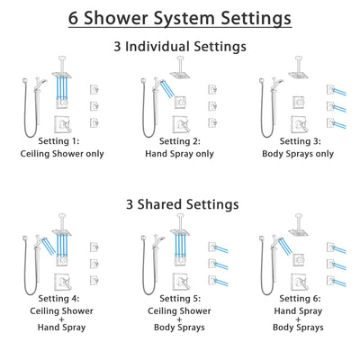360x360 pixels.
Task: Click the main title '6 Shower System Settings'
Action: pos(180,17)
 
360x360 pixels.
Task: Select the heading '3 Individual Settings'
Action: pos(180,46)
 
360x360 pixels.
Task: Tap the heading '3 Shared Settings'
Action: pos(180,204)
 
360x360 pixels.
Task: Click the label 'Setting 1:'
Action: pos(64,141)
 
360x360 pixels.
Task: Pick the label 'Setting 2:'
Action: pos(179,141)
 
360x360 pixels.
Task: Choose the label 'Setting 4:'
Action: pos(64,300)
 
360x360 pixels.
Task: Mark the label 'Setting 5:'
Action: pos(179,300)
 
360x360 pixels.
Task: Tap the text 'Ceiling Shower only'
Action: pos(64,154)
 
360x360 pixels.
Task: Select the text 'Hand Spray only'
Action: pos(179,154)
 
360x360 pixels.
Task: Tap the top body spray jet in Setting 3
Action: pos(328,88)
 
